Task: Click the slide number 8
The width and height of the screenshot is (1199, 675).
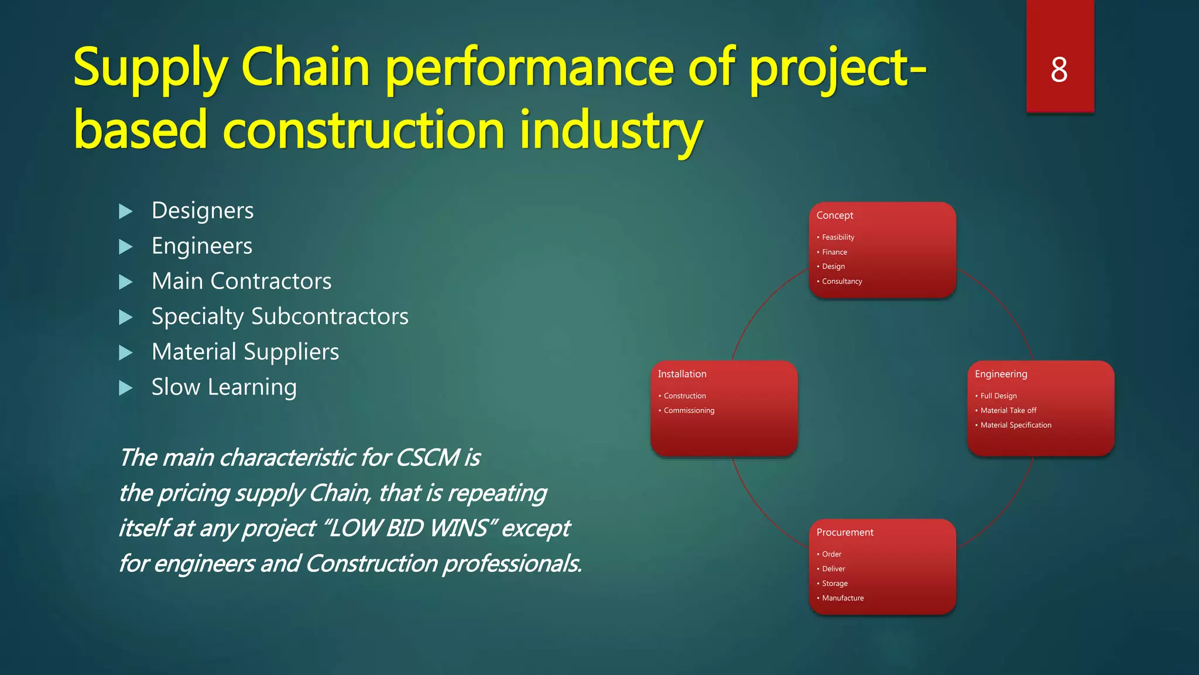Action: pyautogui.click(x=1059, y=70)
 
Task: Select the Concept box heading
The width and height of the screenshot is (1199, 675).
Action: pyautogui.click(x=835, y=215)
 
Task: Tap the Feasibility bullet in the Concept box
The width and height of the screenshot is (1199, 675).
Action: pyautogui.click(x=838, y=237)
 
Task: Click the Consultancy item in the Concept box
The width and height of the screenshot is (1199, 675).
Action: pyautogui.click(x=842, y=281)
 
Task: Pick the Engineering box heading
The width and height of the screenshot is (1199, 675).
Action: pyautogui.click(x=1001, y=374)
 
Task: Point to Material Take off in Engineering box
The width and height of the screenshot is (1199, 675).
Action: pyautogui.click(x=1008, y=411)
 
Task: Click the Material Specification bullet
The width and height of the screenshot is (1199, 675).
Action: pyautogui.click(x=1016, y=425)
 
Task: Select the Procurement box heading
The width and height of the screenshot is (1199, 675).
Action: pyautogui.click(x=845, y=532)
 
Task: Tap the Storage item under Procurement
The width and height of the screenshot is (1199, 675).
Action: pyautogui.click(x=834, y=584)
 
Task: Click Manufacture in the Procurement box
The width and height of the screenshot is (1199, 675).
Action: pyautogui.click(x=842, y=598)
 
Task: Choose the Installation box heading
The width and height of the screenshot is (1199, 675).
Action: pyautogui.click(x=682, y=374)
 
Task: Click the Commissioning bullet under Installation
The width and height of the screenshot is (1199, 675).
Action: pyautogui.click(x=689, y=411)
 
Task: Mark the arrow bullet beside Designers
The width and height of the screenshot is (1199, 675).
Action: pyautogui.click(x=125, y=212)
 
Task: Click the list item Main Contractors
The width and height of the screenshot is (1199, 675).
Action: pyautogui.click(x=241, y=281)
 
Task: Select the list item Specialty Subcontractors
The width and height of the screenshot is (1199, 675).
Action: pyautogui.click(x=280, y=316)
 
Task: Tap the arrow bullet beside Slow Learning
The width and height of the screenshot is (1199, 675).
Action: pyautogui.click(x=125, y=388)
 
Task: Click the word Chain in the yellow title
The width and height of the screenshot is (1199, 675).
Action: pyautogui.click(x=305, y=67)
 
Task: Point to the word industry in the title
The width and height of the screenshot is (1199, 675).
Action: pyautogui.click(x=611, y=130)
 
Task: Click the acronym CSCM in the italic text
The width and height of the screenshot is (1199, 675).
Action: pyautogui.click(x=428, y=458)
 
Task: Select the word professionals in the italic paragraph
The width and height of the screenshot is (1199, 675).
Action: pyautogui.click(x=512, y=564)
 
